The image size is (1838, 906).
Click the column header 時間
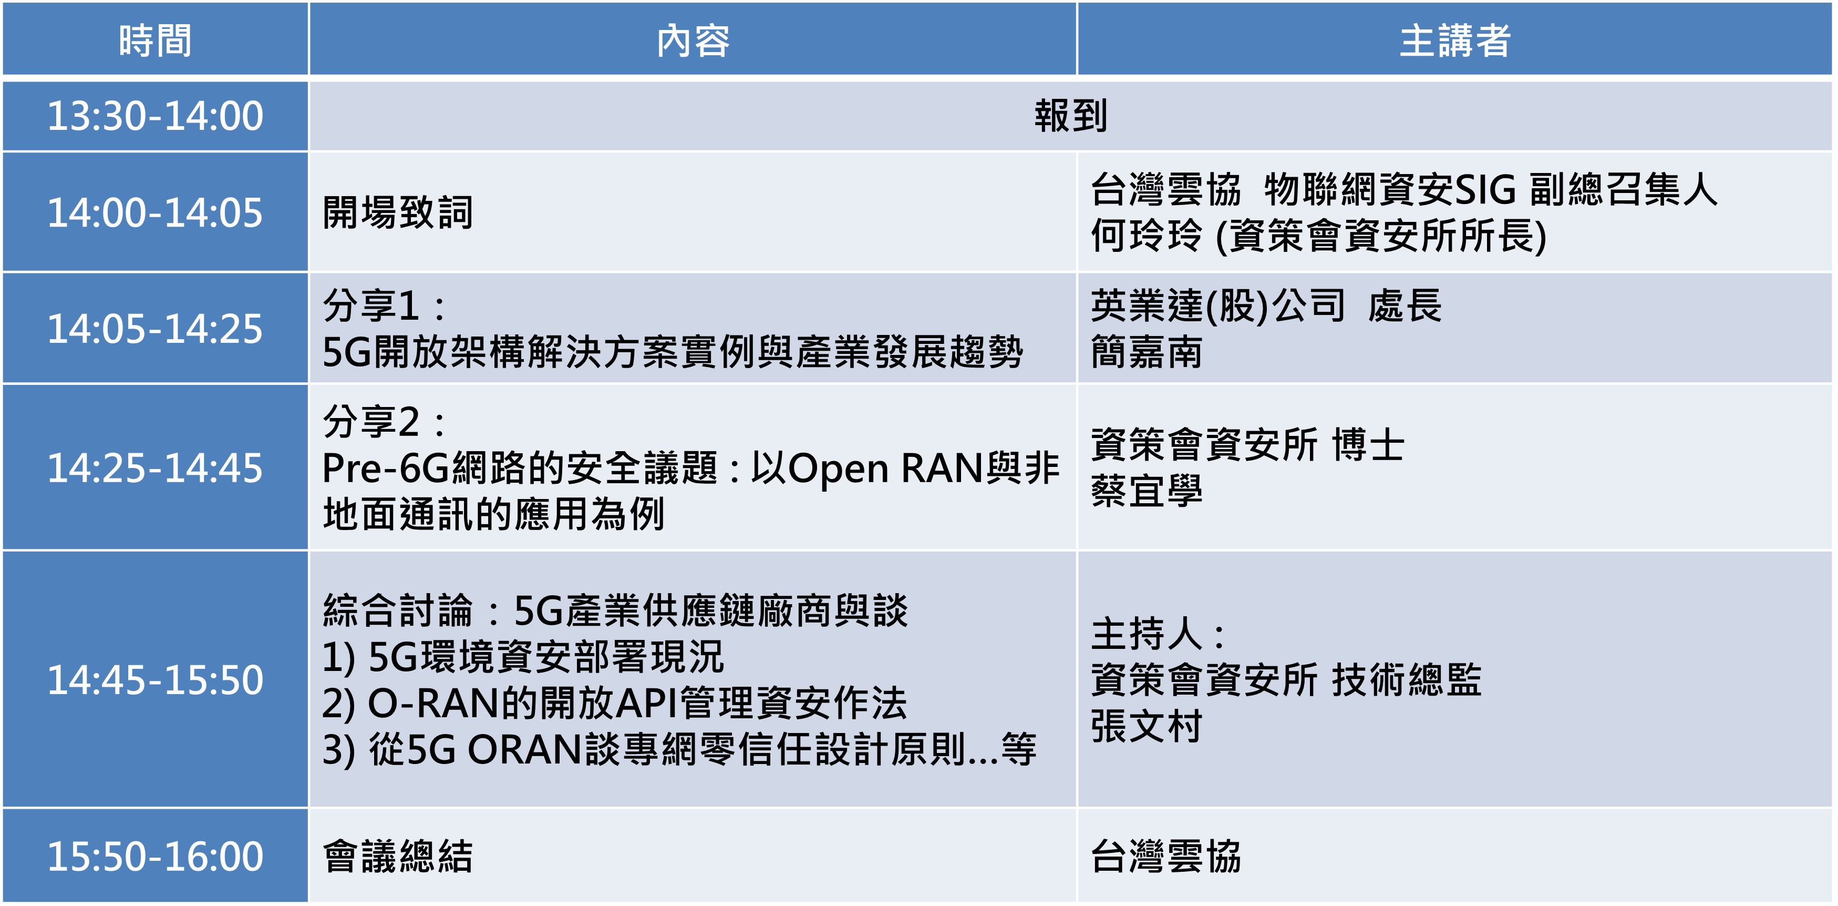(x=155, y=40)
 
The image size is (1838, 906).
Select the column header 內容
(x=693, y=40)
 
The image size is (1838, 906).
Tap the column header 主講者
(x=1455, y=40)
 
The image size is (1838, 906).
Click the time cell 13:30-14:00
(x=155, y=116)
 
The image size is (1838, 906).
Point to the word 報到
(x=1070, y=116)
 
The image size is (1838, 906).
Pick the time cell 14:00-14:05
(x=155, y=212)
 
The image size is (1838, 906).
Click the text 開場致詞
(x=397, y=212)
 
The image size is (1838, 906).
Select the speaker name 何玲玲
(x=1147, y=236)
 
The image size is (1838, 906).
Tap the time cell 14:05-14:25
(x=155, y=329)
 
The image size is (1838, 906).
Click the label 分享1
(x=370, y=306)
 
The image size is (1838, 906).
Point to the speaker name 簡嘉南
(x=1147, y=352)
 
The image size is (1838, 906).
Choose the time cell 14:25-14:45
(x=155, y=467)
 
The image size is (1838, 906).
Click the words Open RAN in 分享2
(x=885, y=469)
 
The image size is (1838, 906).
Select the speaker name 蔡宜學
(x=1147, y=491)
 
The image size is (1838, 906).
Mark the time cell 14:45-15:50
(x=155, y=679)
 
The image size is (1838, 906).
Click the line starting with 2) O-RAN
(x=614, y=703)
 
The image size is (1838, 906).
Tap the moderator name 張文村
(x=1147, y=726)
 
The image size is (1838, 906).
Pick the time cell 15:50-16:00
(x=155, y=856)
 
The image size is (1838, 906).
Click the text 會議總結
(x=397, y=856)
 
